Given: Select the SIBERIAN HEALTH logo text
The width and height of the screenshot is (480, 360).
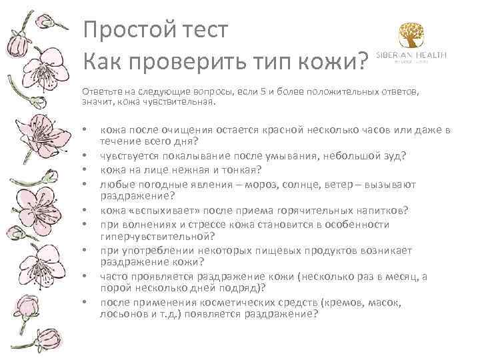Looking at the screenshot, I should pos(411,55).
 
